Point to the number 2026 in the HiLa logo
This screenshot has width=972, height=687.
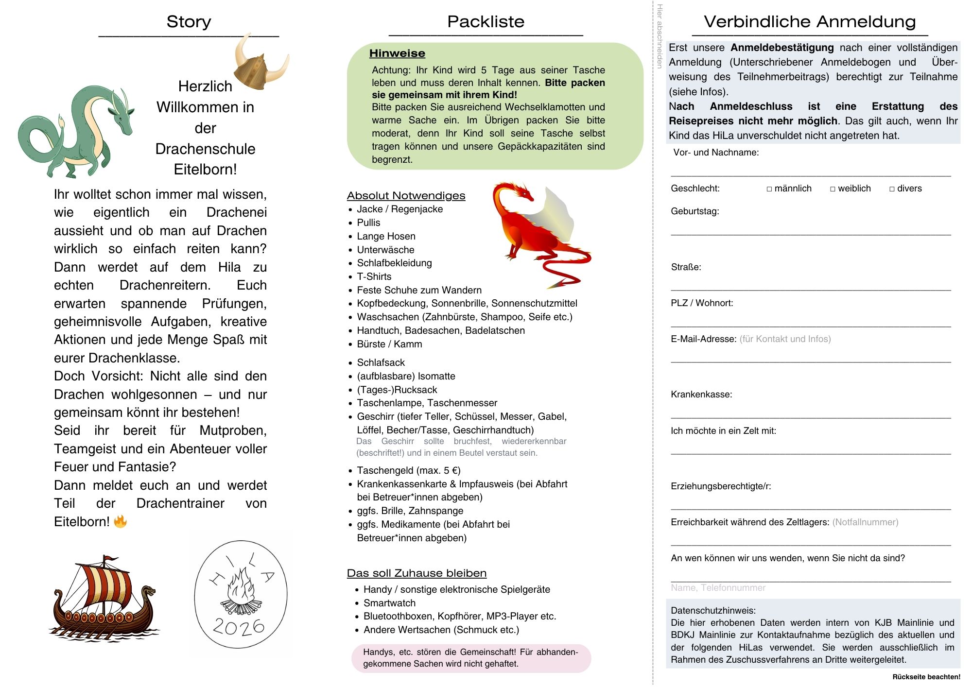coord(239,627)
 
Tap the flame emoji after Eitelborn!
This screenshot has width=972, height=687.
coord(120,522)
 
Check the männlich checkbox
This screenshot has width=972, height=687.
coord(769,189)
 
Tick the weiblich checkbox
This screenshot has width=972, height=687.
coord(833,189)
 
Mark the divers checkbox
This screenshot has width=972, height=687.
coord(892,189)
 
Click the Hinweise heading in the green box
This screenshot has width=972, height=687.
coord(397,53)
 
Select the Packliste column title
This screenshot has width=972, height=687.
coord(486,21)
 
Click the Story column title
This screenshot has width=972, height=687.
coord(189,21)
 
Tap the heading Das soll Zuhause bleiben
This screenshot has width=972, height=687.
coord(417,573)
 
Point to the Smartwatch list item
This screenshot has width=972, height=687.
coord(389,603)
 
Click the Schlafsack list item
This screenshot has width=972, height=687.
coord(381,362)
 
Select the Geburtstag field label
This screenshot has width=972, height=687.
coord(694,211)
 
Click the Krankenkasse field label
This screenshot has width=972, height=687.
coord(701,395)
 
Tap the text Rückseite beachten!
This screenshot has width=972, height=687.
coord(926,677)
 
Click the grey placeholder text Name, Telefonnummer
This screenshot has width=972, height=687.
coord(718,588)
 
